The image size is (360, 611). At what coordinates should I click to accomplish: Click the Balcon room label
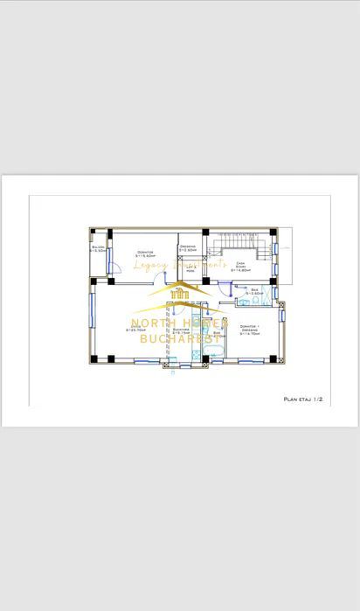pyautogui.click(x=98, y=250)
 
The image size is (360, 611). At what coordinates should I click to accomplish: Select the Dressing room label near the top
pyautogui.click(x=188, y=248)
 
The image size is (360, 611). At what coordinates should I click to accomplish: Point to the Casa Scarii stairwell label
pyautogui.click(x=240, y=267)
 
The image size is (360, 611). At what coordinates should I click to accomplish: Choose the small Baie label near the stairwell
pyautogui.click(x=254, y=291)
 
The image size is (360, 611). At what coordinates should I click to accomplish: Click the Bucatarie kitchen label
pyautogui.click(x=182, y=332)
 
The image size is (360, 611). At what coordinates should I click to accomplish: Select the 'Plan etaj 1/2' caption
pyautogui.click(x=303, y=399)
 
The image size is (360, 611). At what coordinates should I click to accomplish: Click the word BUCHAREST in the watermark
pyautogui.click(x=180, y=337)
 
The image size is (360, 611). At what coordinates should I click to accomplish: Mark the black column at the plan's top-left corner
pyautogui.click(x=92, y=233)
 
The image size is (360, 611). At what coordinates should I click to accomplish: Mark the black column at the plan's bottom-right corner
pyautogui.click(x=273, y=358)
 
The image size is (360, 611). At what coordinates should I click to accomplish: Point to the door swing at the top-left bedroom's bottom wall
pyautogui.click(x=160, y=277)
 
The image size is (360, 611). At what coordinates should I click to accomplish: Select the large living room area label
pyautogui.click(x=135, y=330)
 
